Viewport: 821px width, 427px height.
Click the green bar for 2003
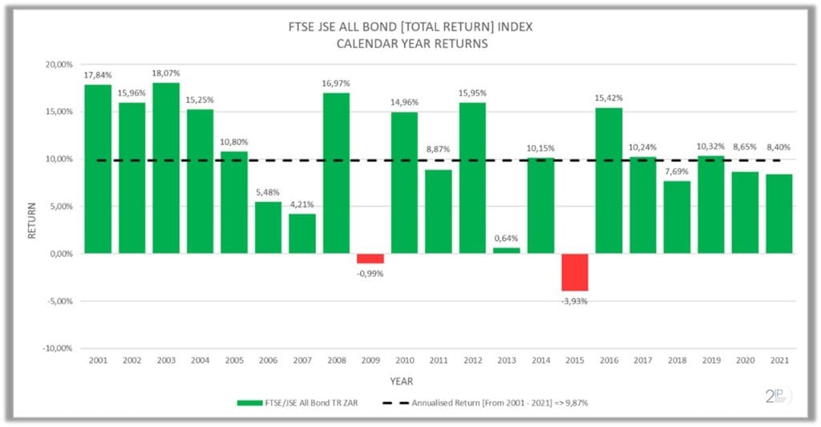click(166, 168)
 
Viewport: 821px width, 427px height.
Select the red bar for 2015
click(574, 272)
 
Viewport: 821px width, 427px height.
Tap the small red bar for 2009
click(370, 258)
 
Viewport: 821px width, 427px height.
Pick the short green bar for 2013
click(506, 250)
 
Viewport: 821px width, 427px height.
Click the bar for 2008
click(336, 173)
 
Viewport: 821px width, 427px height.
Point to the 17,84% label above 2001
click(98, 75)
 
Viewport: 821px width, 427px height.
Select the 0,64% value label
click(506, 238)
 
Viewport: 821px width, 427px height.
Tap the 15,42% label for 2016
click(609, 98)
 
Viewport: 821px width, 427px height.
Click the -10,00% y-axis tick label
click(55, 348)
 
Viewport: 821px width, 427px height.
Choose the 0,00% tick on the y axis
click(59, 254)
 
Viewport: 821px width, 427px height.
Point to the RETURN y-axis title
click(33, 221)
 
